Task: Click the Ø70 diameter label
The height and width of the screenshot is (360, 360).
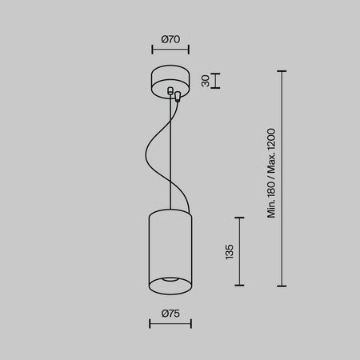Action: tap(170, 38)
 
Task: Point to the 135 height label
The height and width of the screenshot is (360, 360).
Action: tap(230, 251)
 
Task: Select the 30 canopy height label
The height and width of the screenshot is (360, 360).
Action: tap(205, 81)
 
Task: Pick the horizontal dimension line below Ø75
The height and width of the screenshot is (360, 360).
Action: tap(170, 324)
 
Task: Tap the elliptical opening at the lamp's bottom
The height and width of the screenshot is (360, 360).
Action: tap(170, 279)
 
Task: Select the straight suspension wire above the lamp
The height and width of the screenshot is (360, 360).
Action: tap(170, 160)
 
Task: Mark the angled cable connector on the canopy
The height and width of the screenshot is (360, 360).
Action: tap(177, 95)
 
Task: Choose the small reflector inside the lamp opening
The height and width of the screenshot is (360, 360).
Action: tap(170, 280)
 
